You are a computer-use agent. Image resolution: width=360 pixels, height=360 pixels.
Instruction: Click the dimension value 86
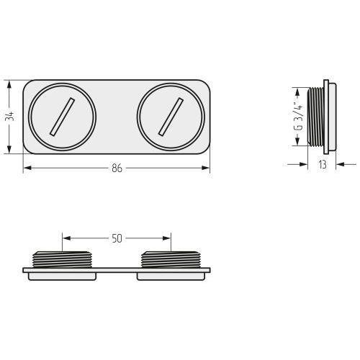pyautogui.click(x=117, y=168)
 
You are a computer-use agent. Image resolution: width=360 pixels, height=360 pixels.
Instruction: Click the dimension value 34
pyautogui.click(x=10, y=117)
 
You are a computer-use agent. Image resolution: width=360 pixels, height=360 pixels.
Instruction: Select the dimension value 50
pyautogui.click(x=117, y=238)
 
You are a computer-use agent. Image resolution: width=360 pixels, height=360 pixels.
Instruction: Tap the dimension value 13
pyautogui.click(x=323, y=164)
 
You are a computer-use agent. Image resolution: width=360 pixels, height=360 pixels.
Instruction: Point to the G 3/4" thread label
pyautogui.click(x=298, y=117)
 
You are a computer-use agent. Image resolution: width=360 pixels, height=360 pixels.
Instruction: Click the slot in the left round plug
pyautogui.click(x=62, y=117)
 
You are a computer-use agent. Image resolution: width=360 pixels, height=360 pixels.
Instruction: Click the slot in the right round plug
pyautogui.click(x=171, y=117)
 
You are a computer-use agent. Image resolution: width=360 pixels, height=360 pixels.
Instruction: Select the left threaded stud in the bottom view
pyautogui.click(x=62, y=260)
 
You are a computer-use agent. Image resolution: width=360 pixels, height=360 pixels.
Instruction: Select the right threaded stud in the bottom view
pyautogui.click(x=171, y=260)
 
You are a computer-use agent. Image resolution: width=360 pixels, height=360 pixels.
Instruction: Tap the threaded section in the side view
pyautogui.click(x=315, y=117)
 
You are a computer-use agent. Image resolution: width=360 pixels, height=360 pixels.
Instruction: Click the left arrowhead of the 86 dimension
pyautogui.click(x=27, y=168)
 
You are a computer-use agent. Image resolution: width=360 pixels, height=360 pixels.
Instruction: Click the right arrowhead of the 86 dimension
pyautogui.click(x=205, y=168)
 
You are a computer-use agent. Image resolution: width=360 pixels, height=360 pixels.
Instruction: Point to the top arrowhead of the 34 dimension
pyautogui.click(x=9, y=85)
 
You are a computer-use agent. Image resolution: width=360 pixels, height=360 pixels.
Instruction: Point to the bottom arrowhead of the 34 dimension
pyautogui.click(x=9, y=149)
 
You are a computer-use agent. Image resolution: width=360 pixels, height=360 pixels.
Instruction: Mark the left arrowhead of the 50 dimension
pyautogui.click(x=67, y=238)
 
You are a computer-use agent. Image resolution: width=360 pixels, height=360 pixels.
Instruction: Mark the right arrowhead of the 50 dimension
pyautogui.click(x=166, y=238)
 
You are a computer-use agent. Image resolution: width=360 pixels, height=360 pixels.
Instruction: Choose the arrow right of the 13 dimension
pyautogui.click(x=346, y=164)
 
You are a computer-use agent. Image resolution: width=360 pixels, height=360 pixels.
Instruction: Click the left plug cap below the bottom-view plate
pyautogui.click(x=62, y=276)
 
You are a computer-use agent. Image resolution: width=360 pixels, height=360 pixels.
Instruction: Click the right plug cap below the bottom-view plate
pyautogui.click(x=171, y=276)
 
